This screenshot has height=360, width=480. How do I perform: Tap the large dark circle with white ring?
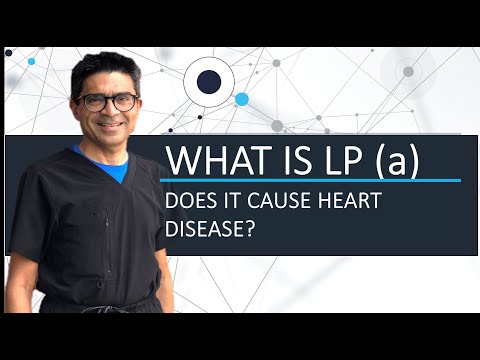[209, 83]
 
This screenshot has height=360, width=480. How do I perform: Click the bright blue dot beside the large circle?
[241, 99]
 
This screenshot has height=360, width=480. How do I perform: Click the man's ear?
[75, 105]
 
